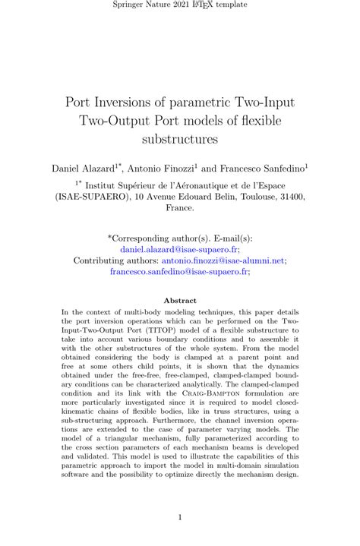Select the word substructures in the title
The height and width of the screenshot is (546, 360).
point(180,139)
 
